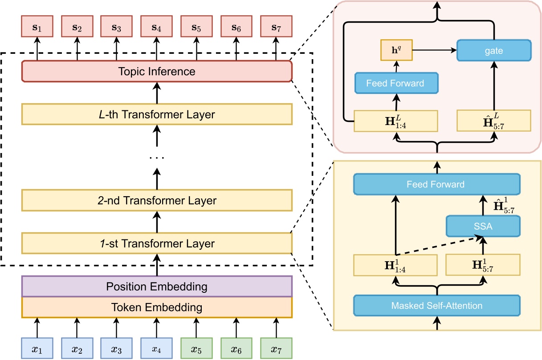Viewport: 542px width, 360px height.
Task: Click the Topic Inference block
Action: [x=157, y=72]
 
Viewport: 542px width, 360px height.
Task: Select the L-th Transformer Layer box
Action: [x=157, y=115]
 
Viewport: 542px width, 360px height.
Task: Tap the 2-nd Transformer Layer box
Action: [x=157, y=201]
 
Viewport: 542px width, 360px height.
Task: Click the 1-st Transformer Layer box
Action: [x=157, y=244]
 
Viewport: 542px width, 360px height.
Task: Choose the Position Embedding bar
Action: [x=157, y=286]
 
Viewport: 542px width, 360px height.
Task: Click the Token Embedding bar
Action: [x=157, y=307]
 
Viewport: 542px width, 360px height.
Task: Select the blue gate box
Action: [x=494, y=51]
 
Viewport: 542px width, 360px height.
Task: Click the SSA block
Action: [x=483, y=226]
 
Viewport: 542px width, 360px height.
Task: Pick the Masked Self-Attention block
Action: [x=436, y=306]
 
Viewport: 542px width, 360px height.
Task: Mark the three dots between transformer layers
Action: [x=157, y=158]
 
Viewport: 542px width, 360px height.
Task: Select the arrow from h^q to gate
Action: [x=434, y=51]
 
